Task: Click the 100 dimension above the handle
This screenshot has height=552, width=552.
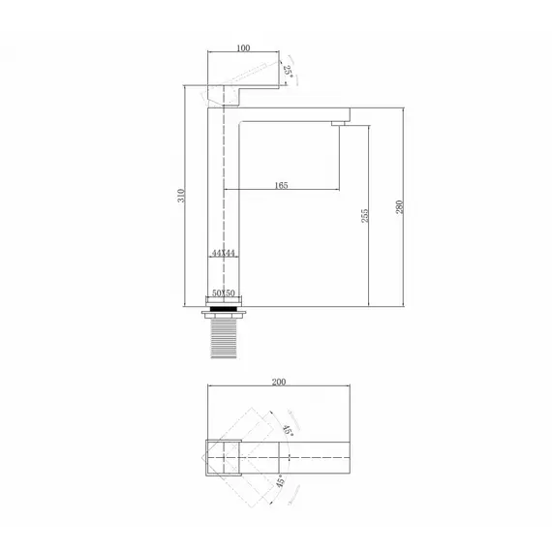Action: click(243, 47)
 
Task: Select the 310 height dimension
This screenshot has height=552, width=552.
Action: click(181, 196)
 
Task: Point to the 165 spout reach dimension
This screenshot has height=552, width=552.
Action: click(281, 185)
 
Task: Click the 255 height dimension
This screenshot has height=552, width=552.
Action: click(365, 215)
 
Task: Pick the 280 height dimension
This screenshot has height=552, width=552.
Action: click(399, 207)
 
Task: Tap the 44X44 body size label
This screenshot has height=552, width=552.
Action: click(223, 253)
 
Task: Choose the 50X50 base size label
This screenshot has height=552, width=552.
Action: click(223, 292)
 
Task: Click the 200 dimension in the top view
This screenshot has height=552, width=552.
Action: click(279, 382)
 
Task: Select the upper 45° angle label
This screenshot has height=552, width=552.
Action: click(288, 430)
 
